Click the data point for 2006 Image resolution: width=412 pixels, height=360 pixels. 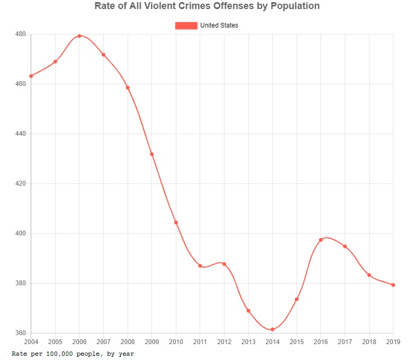coord(79,36)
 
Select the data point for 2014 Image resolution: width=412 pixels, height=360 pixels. coord(272,330)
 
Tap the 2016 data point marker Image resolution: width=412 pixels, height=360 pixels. coord(321,240)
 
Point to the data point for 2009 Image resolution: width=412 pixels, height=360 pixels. coord(152,154)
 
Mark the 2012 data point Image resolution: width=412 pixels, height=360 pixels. coord(224,264)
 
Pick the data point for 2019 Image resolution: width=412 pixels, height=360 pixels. coord(393,285)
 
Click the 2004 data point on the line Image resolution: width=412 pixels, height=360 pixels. coord(31,76)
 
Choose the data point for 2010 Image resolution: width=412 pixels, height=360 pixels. coord(176,223)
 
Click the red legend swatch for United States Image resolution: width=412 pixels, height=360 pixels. coord(186,25)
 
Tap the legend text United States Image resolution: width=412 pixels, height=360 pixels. coord(219,25)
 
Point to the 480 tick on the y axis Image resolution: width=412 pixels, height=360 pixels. coord(21,34)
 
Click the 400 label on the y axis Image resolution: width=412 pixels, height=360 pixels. coord(21,233)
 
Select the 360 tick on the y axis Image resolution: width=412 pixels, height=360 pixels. coord(21,333)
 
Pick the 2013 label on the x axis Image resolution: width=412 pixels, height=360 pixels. coord(248,342)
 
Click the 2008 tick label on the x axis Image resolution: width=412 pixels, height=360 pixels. coord(128,342)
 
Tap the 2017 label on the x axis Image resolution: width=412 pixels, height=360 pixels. coord(345,342)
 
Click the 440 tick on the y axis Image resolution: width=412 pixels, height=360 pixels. coord(21,134)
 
